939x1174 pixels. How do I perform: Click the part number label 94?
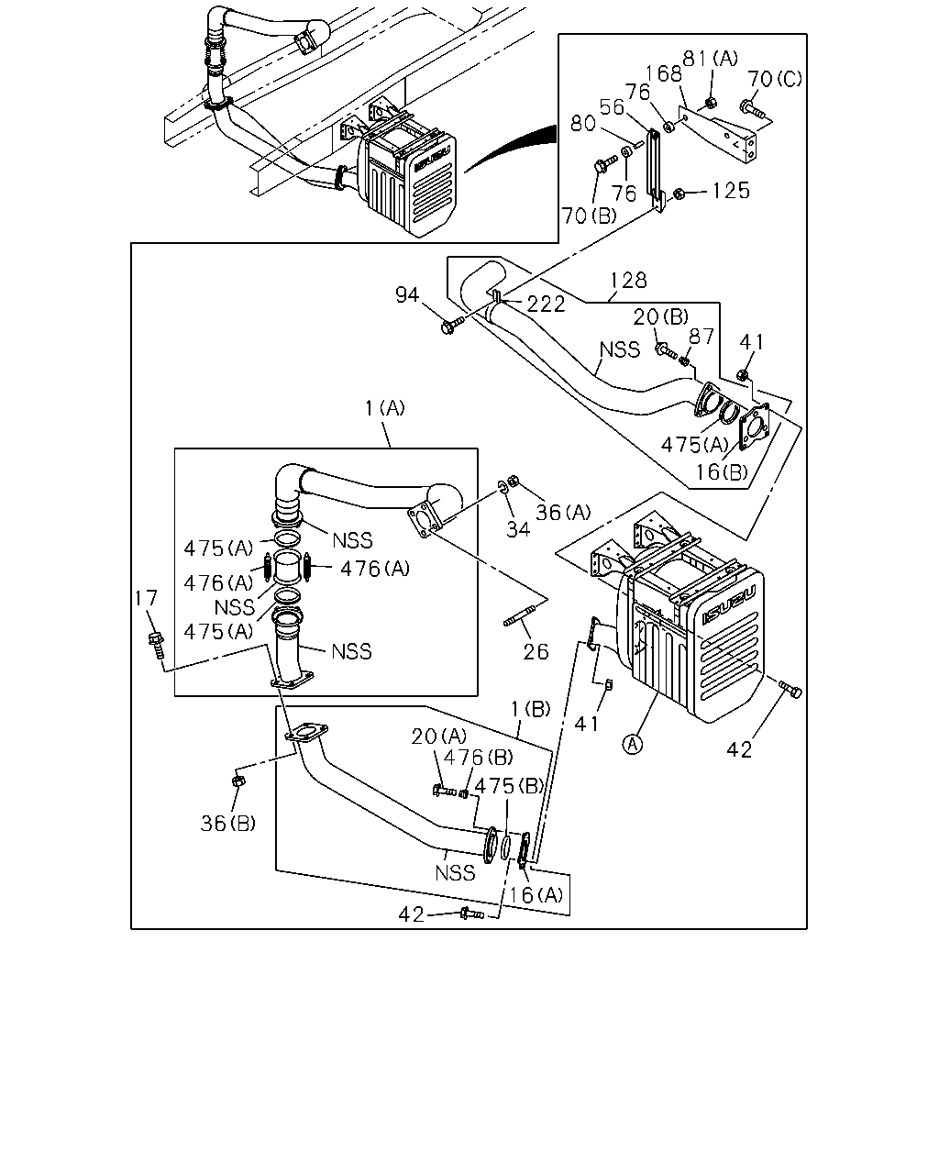[x=407, y=295]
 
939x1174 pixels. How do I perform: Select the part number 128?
[x=628, y=281]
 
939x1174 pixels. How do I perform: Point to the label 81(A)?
[x=710, y=59]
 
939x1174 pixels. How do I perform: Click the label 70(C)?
[x=775, y=79]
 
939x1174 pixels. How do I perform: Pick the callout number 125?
[x=731, y=191]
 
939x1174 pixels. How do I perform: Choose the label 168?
[x=664, y=73]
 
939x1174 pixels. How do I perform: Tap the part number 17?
[x=146, y=598]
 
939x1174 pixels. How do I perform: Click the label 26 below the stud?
[x=536, y=651]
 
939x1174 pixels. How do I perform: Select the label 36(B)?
[x=228, y=824]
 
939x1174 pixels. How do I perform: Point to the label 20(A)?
[x=438, y=737]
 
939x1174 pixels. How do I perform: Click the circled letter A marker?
[x=633, y=744]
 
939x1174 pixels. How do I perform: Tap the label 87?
[x=701, y=337]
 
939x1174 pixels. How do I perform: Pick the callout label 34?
[x=518, y=528]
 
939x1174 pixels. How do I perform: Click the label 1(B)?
[x=530, y=709]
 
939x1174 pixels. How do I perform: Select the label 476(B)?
[x=478, y=758]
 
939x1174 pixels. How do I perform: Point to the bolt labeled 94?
[x=452, y=325]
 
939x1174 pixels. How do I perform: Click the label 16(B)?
[x=722, y=471]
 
